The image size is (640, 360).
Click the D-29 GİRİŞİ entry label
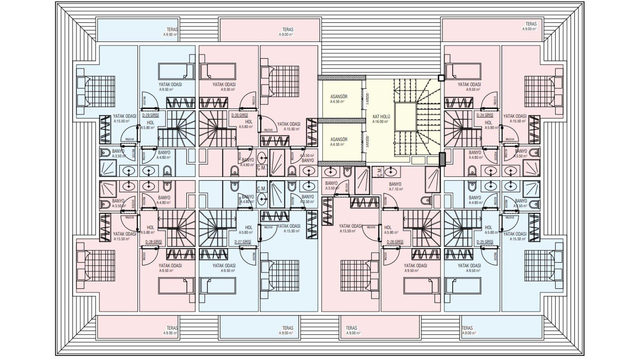(x=150, y=115)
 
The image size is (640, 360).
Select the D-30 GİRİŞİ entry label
(x=239, y=115)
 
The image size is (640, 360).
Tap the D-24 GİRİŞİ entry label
(x=485, y=115)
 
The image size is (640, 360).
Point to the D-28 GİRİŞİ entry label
(x=153, y=242)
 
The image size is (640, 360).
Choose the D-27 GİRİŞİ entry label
(x=243, y=242)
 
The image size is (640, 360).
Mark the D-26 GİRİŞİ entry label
(x=395, y=242)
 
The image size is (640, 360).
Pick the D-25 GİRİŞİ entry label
(x=485, y=242)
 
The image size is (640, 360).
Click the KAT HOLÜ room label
(x=381, y=117)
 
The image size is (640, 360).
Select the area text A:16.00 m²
(x=380, y=122)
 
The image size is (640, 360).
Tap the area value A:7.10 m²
(x=396, y=189)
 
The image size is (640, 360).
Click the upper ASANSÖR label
(x=339, y=97)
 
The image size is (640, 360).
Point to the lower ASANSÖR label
(x=339, y=139)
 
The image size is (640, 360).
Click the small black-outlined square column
(x=441, y=78)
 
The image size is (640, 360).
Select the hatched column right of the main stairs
(x=442, y=159)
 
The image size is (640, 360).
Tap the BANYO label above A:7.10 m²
(x=395, y=184)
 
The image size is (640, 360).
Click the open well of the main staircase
(x=405, y=117)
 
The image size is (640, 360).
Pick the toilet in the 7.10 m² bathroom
(x=426, y=201)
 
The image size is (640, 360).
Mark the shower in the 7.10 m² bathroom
(x=433, y=180)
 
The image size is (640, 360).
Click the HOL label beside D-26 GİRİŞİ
(x=388, y=228)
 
